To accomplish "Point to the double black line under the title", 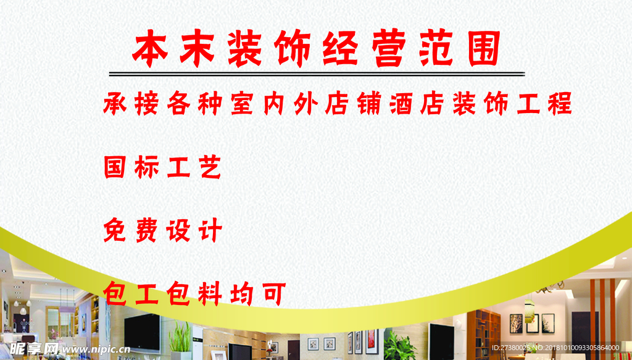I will pos(316,74).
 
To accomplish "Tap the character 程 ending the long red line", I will pos(559,103).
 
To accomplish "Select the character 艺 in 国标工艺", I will pos(210,167).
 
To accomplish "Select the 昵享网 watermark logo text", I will pos(30,349).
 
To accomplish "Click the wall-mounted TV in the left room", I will pos(143,330).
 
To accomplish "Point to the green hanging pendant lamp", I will pos(529,306).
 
